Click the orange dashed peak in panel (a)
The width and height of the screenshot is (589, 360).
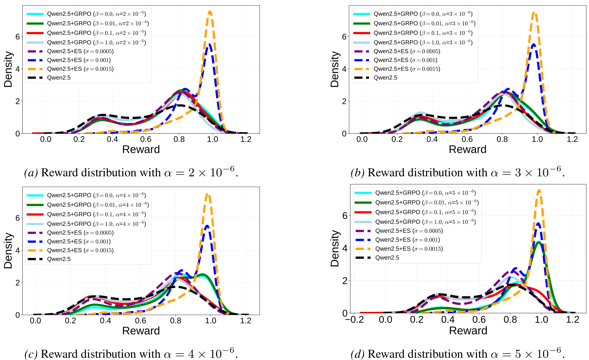click(210, 12)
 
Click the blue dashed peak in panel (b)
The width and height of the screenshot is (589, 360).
click(534, 44)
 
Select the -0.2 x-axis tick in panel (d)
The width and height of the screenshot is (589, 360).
click(354, 320)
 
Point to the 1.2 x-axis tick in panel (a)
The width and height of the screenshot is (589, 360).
click(246, 139)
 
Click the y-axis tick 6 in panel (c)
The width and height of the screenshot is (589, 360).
click(18, 218)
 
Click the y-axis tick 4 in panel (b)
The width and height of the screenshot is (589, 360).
click(344, 69)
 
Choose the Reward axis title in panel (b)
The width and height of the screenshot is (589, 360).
click(467, 150)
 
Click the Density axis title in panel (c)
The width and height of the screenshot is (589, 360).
click(8, 251)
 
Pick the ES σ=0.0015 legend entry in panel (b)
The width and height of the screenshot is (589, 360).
click(406, 69)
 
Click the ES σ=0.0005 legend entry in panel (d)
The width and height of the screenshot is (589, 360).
click(409, 231)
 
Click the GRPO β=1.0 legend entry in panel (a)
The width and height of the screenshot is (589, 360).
click(96, 42)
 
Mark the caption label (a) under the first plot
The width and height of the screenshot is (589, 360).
click(31, 173)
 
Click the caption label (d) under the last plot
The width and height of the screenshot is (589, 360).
click(358, 354)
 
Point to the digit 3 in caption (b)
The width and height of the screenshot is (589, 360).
click(518, 173)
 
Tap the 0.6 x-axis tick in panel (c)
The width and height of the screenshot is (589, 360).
click(140, 321)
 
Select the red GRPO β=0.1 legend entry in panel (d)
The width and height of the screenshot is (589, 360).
click(425, 212)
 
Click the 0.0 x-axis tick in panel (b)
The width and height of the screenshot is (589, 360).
click(362, 139)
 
